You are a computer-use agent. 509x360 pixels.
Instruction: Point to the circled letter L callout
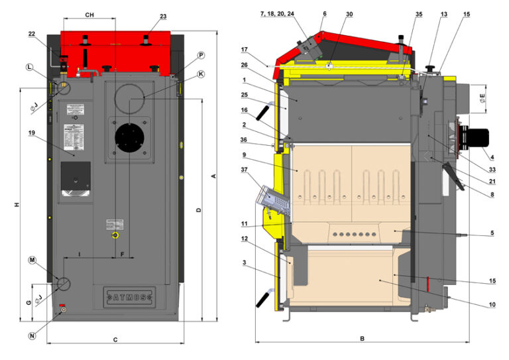[30, 67]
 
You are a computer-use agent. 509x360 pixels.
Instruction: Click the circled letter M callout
[30, 261]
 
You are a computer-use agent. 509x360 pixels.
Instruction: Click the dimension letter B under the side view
[362, 338]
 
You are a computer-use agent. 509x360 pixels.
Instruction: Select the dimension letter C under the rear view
[115, 339]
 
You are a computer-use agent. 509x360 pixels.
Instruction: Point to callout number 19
[31, 133]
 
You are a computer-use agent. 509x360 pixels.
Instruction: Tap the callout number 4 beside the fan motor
[492, 157]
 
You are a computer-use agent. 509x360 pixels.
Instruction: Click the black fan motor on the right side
[475, 136]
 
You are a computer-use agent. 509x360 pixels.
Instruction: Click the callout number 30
[349, 14]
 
